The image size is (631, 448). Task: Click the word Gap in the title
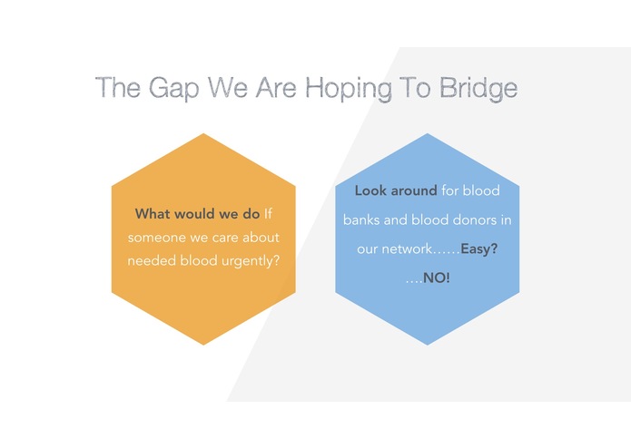tap(173, 89)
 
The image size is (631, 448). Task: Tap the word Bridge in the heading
tap(478, 89)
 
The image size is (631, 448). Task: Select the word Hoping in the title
tap(349, 89)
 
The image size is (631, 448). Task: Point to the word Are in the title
tap(276, 87)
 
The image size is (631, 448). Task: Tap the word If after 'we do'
tap(268, 214)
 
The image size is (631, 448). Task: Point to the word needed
tap(152, 261)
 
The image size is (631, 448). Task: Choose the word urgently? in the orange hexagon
tap(251, 261)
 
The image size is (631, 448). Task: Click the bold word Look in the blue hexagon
tap(370, 190)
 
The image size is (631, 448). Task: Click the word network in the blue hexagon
tap(407, 249)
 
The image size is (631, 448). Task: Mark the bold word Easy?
tap(478, 249)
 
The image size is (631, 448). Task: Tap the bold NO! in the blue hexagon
tap(437, 278)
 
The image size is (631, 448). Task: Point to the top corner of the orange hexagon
tap(203, 133)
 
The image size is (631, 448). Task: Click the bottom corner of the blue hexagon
tap(428, 346)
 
